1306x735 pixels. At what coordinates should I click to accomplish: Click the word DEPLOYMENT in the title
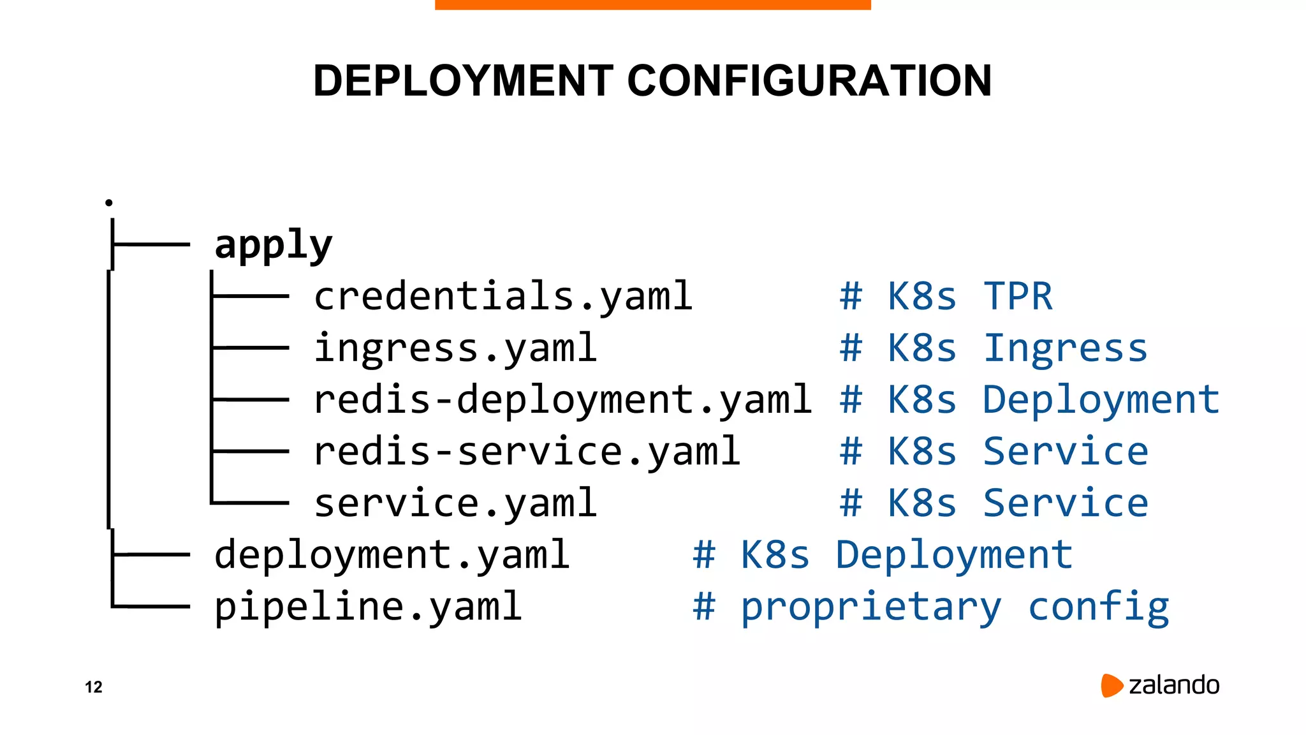pos(463,81)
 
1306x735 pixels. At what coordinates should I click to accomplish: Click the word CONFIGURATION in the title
pos(809,81)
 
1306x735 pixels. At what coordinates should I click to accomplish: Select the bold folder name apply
pos(273,246)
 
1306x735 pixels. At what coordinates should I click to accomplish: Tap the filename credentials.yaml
pos(503,297)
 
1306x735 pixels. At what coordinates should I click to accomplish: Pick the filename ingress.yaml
pos(455,348)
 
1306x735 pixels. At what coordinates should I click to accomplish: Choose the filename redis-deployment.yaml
pos(562,400)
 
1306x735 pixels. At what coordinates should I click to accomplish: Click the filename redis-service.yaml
pos(527,452)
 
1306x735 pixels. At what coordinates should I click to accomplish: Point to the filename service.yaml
pos(455,503)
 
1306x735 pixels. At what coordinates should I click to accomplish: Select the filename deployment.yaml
pos(391,555)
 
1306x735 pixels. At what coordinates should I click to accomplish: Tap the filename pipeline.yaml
pos(367,607)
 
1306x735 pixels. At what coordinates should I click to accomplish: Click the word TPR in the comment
pos(1018,297)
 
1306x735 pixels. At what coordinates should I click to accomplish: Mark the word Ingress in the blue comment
pos(1065,348)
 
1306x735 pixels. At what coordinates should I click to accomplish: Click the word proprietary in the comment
pos(871,607)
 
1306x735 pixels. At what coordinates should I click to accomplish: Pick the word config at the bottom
pos(1099,607)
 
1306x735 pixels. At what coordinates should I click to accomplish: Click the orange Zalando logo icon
pos(1112,685)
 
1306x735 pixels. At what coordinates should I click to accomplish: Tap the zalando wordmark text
pos(1174,685)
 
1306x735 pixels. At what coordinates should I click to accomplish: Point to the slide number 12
pos(94,687)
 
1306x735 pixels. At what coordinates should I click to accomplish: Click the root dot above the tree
pos(109,202)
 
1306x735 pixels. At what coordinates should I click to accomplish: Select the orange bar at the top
pos(652,4)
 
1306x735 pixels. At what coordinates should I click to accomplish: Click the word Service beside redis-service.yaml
pos(1065,452)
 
